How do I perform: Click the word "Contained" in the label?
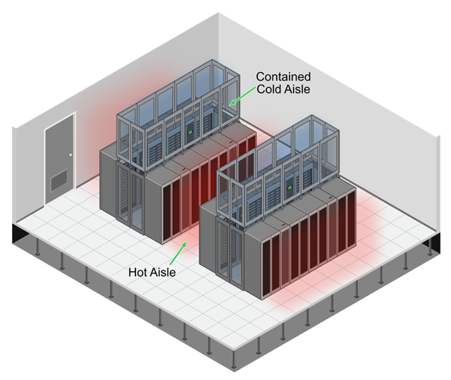point(283,77)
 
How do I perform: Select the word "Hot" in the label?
point(140,273)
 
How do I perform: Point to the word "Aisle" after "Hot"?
point(164,273)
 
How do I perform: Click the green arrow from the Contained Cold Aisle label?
point(241,97)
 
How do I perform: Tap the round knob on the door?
point(70,155)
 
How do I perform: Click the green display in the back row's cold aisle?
point(190,134)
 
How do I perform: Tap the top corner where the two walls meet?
point(219,13)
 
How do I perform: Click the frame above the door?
point(59,119)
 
